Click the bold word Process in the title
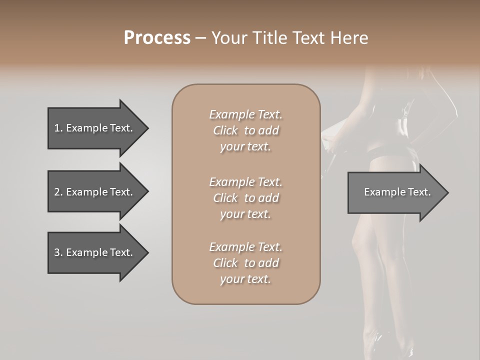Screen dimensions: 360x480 tap(157, 38)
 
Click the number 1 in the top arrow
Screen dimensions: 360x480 tap(56, 128)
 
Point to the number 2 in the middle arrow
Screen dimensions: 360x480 tap(56, 192)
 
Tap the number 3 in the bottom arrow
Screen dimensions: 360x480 tap(56, 252)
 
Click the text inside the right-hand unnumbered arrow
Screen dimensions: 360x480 tap(397, 192)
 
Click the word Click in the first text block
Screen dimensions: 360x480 tap(225, 130)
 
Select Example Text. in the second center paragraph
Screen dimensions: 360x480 tap(245, 181)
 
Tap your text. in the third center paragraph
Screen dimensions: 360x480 tap(245, 279)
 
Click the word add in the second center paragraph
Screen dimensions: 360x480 tap(269, 198)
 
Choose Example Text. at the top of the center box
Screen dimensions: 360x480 tap(245, 114)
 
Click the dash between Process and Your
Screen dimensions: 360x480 tap(201, 38)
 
